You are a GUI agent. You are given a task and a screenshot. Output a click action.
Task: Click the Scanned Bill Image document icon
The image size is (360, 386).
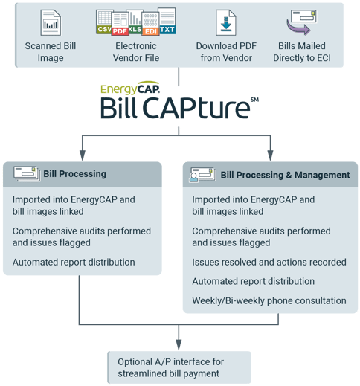[51, 22]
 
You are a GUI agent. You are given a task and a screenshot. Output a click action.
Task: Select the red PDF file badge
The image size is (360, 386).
[120, 30]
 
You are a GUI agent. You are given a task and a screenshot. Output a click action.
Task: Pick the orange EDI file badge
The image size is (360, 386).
[152, 30]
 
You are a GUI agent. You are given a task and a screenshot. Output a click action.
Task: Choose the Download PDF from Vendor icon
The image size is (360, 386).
[226, 22]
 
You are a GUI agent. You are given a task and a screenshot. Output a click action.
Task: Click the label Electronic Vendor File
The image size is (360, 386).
[135, 52]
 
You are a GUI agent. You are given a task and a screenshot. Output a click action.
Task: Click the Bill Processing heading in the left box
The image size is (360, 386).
[74, 174]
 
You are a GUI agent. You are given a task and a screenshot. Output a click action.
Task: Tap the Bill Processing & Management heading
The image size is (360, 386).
[285, 175]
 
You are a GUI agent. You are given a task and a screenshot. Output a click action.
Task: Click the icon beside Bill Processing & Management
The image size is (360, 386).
[201, 175]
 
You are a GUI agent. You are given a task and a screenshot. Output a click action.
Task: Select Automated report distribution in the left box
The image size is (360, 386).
[74, 262]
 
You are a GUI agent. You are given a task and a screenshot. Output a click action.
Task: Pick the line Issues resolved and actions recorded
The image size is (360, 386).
[269, 262]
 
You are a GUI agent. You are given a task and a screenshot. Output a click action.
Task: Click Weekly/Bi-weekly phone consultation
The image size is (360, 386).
[269, 300]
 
